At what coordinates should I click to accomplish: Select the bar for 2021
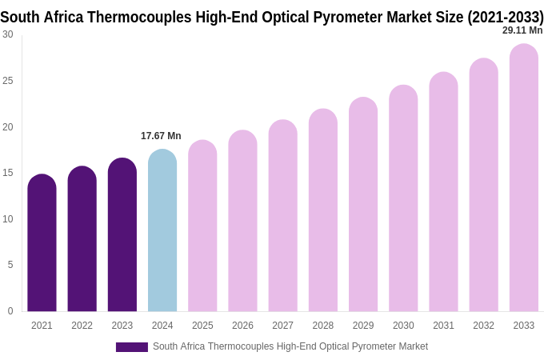(x=42, y=244)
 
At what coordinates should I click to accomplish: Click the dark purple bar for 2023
(x=122, y=236)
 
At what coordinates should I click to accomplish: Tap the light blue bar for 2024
(x=162, y=232)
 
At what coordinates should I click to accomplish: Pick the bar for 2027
(x=282, y=216)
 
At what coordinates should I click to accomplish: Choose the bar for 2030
(x=403, y=200)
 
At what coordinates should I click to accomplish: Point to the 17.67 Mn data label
(x=161, y=136)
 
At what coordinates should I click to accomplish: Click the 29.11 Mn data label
(x=522, y=30)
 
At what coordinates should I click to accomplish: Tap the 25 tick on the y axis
(x=8, y=81)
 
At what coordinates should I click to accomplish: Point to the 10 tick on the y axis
(x=8, y=219)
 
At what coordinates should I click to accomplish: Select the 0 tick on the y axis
(x=10, y=311)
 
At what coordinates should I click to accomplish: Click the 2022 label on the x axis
(x=82, y=326)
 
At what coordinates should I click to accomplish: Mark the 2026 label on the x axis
(x=242, y=326)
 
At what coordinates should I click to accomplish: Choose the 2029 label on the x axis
(x=363, y=326)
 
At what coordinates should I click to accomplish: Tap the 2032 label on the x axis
(x=483, y=326)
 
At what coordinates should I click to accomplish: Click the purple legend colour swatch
(x=132, y=347)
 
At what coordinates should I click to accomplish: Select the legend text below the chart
(x=290, y=346)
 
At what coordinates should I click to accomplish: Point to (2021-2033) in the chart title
(x=506, y=17)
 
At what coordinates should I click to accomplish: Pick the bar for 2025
(x=202, y=228)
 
